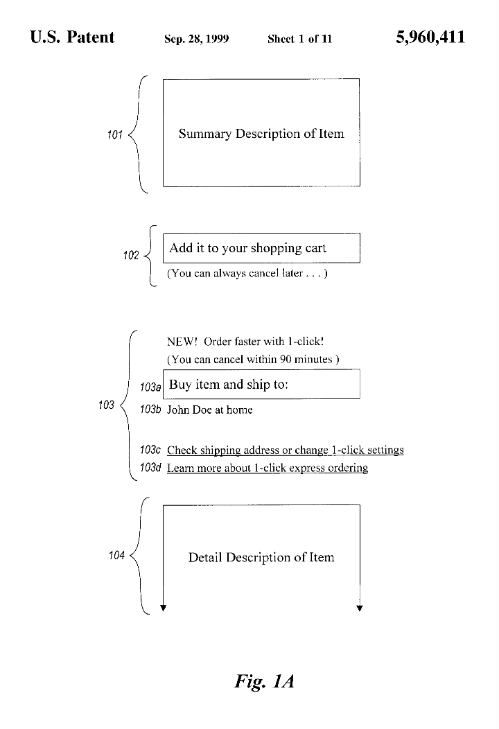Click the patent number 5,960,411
point(430,37)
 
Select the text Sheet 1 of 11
point(299,39)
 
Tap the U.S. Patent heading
point(72,37)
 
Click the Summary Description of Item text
point(261,134)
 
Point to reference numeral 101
point(114,134)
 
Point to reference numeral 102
point(131,256)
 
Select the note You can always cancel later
point(247,273)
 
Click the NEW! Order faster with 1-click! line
point(245,342)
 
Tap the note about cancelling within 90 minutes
point(253,359)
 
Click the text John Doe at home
point(209,410)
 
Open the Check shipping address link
point(285,450)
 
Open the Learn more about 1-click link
point(267,468)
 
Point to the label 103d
point(150,468)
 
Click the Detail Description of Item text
point(261,557)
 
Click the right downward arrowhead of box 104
point(360,608)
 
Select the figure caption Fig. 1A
point(265,681)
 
